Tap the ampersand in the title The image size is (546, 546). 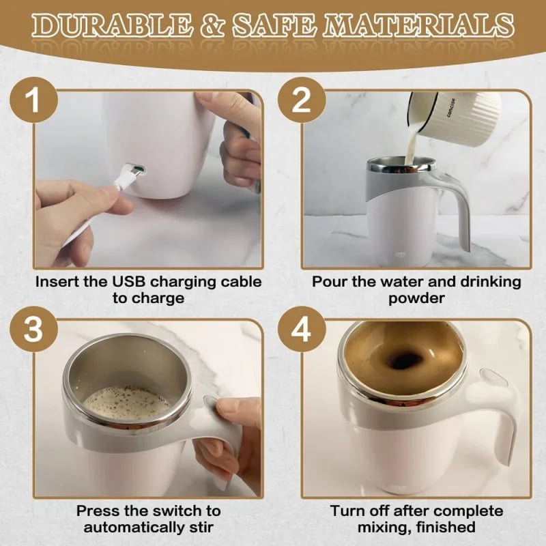[210, 25]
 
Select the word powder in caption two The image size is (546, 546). [416, 298]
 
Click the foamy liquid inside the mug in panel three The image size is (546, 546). [126, 403]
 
